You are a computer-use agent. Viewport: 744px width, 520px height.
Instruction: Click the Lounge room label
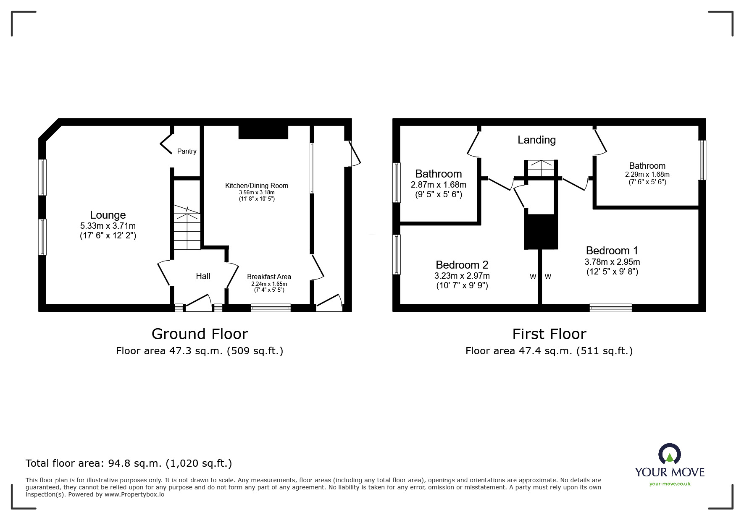coord(108,215)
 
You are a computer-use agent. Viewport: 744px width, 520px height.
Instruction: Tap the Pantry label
coord(187,151)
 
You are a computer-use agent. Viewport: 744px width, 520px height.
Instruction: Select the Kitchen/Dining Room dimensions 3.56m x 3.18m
coord(257,192)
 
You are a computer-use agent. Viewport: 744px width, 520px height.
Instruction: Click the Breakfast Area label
coord(269,277)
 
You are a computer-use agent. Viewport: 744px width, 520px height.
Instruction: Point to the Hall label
coord(203,276)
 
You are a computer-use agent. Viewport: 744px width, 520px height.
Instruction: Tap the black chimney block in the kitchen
coord(263,132)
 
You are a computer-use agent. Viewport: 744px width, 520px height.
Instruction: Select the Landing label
coord(536,140)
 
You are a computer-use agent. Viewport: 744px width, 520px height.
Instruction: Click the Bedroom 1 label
coord(612,251)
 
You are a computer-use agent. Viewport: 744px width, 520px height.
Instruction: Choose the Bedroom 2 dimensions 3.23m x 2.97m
coord(462,276)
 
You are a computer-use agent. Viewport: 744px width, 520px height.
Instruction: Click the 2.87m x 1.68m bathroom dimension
coord(438,185)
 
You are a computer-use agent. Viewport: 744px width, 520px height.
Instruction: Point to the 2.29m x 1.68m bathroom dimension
coord(647,174)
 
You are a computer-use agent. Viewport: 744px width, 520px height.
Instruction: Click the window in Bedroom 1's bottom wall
coord(610,308)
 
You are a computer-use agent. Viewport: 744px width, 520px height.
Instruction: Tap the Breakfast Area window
coord(271,308)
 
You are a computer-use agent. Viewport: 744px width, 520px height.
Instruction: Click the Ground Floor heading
coord(200,334)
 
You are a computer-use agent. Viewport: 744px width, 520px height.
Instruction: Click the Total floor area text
coord(129,463)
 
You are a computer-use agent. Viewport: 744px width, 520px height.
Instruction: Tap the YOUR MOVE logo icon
coord(669,455)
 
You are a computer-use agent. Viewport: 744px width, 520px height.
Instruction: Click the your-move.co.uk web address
coord(670,484)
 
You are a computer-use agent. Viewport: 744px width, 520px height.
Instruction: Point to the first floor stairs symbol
coord(541,168)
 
